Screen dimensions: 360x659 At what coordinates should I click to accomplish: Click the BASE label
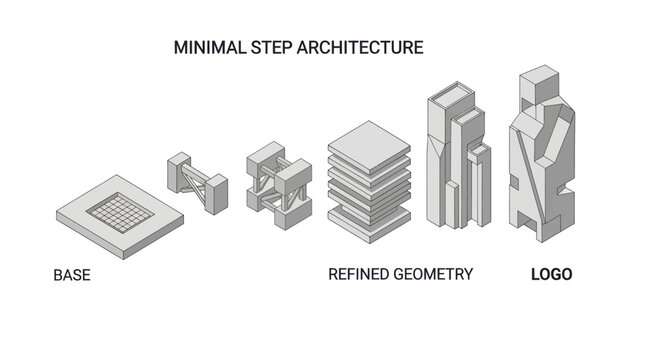72,274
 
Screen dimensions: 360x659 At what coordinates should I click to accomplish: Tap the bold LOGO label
550,274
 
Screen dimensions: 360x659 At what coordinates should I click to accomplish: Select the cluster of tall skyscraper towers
457,160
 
